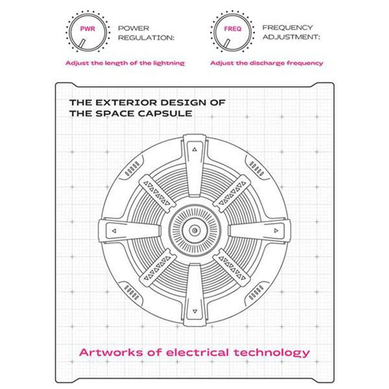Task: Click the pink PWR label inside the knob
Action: coord(88,29)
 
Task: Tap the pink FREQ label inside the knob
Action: coord(232,29)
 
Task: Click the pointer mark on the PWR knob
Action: coord(82,43)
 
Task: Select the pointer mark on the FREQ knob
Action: coord(227,43)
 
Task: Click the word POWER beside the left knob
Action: coord(133,28)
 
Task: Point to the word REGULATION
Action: coord(146,38)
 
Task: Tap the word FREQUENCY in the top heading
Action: coord(287,28)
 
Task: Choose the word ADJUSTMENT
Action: coord(291,37)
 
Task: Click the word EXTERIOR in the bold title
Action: coord(126,103)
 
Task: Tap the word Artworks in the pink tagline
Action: coord(111,353)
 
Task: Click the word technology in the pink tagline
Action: coord(272,353)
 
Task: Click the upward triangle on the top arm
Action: coord(194,149)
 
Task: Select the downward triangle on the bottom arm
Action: coord(195,311)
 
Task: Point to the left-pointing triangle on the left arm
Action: coord(114,231)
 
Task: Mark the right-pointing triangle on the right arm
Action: coord(276,230)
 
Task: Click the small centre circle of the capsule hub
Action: coord(195,230)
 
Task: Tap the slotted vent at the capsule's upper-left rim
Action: coord(132,168)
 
